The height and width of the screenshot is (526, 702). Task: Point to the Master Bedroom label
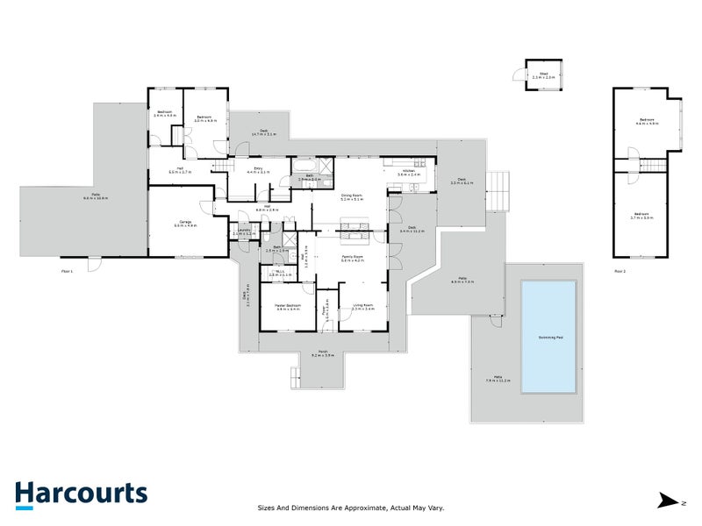point(289,306)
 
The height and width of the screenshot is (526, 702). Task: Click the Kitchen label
point(409,173)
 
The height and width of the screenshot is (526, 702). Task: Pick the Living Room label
point(362,306)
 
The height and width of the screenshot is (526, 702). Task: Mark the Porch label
point(322,354)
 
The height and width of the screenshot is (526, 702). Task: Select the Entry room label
point(258,170)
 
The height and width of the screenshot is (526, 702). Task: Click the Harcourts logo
point(81,494)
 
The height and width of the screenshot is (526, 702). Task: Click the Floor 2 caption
point(620,272)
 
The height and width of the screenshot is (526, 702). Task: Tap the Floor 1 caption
point(67,272)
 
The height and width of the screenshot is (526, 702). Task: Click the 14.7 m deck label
point(263,132)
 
